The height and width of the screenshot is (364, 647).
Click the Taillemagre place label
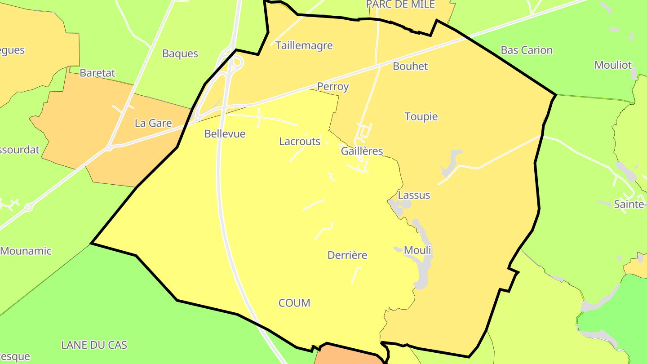(x=304, y=45)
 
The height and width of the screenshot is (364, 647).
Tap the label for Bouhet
(x=410, y=66)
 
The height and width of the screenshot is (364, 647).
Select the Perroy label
(x=333, y=87)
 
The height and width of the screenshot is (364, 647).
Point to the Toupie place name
(x=421, y=116)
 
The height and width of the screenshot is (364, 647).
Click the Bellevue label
(x=225, y=133)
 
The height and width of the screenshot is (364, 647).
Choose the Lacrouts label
(x=300, y=142)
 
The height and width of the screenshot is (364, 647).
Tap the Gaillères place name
(x=362, y=151)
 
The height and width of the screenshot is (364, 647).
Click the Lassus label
(x=414, y=195)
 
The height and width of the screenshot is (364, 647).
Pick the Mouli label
(x=417, y=250)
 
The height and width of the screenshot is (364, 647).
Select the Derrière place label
(x=347, y=255)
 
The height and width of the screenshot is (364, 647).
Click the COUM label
(x=294, y=303)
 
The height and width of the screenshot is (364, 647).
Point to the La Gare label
(x=153, y=123)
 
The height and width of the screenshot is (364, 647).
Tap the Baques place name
(x=180, y=53)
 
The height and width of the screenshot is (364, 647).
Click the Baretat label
(x=97, y=73)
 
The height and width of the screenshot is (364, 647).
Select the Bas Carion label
(x=527, y=50)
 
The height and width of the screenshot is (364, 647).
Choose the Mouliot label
(x=613, y=65)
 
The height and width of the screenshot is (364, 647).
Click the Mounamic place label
(x=26, y=251)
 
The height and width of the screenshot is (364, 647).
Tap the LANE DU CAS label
(x=94, y=345)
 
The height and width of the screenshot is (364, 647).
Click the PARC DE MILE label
(x=401, y=4)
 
